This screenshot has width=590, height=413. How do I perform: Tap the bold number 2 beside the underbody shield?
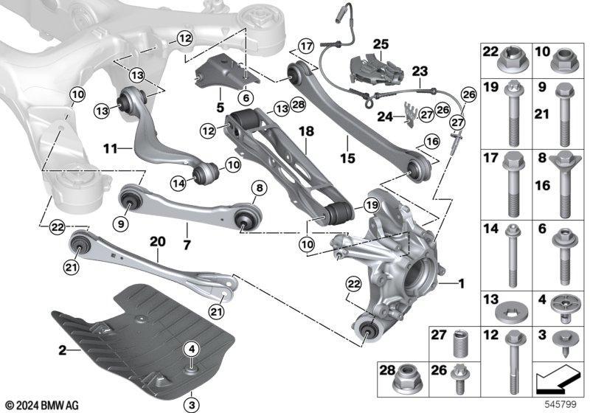pyautogui.click(x=63, y=350)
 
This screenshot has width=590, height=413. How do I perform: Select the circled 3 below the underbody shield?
pyautogui.click(x=190, y=404)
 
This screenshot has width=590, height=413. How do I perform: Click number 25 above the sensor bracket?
pyautogui.click(x=381, y=44)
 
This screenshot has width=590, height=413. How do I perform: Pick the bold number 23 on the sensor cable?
pyautogui.click(x=420, y=72)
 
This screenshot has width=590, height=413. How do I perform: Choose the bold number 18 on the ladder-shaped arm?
pyautogui.click(x=305, y=131)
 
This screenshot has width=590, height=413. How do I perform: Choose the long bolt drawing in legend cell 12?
pyautogui.click(x=510, y=358)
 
